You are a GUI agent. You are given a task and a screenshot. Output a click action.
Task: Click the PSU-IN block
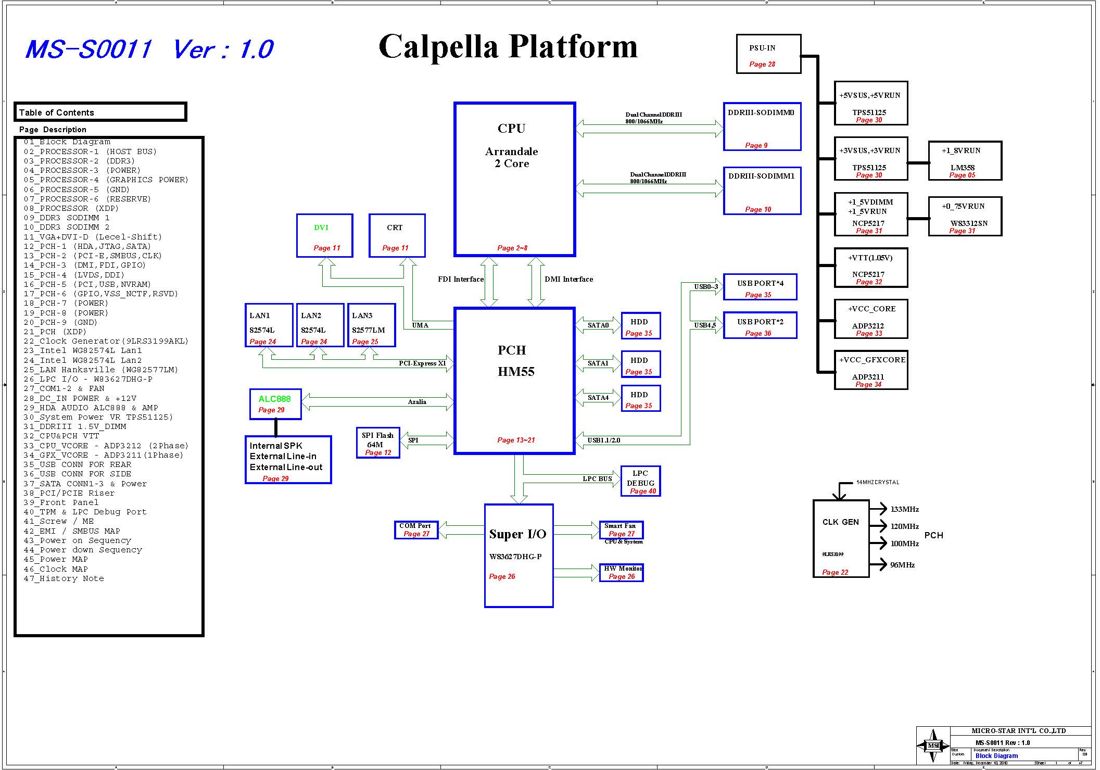tap(768, 54)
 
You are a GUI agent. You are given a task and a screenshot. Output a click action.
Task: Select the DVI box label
tap(321, 228)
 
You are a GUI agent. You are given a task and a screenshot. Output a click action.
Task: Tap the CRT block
tap(397, 235)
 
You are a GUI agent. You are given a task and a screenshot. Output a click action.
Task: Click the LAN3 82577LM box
tap(371, 325)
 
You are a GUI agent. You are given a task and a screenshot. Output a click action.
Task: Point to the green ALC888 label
tap(274, 399)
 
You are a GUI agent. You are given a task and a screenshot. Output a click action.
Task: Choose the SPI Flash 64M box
tap(378, 443)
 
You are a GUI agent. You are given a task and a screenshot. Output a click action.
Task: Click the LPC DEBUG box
tap(640, 481)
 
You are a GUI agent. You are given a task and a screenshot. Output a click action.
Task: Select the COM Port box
tap(416, 530)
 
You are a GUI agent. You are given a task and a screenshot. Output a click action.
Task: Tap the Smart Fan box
tap(621, 530)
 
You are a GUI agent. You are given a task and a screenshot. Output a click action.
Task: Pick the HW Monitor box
tap(621, 573)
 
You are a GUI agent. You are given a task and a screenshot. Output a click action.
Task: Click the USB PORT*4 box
tap(760, 287)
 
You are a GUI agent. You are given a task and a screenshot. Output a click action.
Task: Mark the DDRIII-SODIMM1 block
tap(762, 191)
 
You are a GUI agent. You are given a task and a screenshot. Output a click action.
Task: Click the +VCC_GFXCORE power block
tap(871, 370)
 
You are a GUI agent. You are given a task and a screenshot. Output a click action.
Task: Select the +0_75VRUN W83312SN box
tap(965, 216)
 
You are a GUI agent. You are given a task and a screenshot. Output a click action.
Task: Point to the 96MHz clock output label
tap(902, 565)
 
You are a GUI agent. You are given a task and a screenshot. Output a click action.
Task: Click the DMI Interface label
tap(568, 279)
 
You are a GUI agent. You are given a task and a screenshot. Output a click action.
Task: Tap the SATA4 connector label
tap(598, 398)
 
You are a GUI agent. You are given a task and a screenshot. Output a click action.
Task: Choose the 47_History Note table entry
tap(64, 578)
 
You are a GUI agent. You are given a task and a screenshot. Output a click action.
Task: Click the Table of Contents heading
tap(57, 112)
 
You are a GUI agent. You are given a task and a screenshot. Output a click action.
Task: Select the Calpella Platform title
tap(508, 47)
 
